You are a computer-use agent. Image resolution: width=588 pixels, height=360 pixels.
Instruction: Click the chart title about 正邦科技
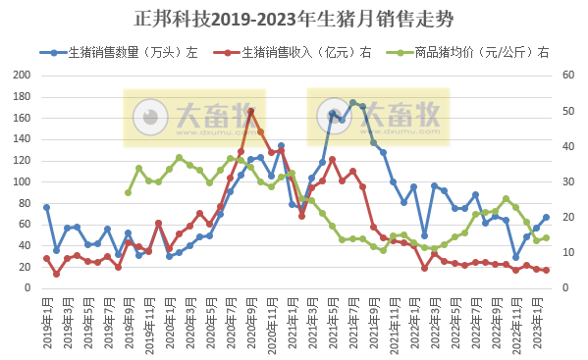pyautogui.click(x=294, y=19)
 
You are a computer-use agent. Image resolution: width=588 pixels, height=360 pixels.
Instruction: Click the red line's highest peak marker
pyautogui.click(x=250, y=111)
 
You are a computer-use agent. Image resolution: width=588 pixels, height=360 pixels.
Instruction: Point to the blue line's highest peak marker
pyautogui.click(x=352, y=102)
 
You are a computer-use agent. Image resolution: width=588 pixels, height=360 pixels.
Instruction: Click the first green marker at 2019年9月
pyautogui.click(x=128, y=192)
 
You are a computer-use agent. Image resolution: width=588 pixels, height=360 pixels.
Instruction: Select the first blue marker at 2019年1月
pyautogui.click(x=46, y=207)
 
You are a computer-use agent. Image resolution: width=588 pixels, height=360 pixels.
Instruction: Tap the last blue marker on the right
pyautogui.click(x=546, y=217)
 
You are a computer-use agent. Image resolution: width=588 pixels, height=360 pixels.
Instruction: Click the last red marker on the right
pyautogui.click(x=546, y=270)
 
